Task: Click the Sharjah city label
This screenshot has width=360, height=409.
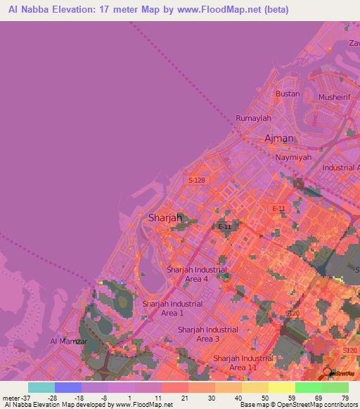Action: click(x=165, y=219)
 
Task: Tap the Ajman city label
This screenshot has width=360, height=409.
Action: click(x=278, y=138)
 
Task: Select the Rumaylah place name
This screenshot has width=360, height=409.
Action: click(x=253, y=118)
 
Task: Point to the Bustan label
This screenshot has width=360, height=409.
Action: click(x=288, y=93)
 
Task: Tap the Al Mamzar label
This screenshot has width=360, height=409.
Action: click(x=68, y=342)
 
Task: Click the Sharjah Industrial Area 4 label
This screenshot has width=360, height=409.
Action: click(x=197, y=274)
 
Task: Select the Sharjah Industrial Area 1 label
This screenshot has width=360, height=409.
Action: click(x=172, y=308)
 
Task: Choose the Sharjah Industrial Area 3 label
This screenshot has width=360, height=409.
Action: click(x=207, y=334)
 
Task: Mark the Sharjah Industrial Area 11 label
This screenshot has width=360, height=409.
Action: click(x=243, y=363)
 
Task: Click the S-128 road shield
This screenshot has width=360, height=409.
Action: click(x=197, y=181)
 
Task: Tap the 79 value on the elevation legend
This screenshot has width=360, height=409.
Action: click(x=345, y=398)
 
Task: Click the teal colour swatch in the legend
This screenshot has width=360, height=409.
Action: click(x=41, y=387)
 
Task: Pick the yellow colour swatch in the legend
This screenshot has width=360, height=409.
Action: click(x=255, y=387)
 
